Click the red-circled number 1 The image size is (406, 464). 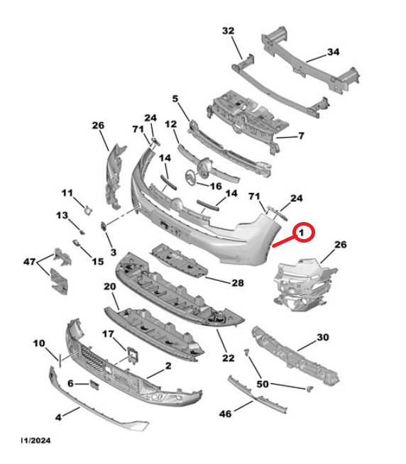305,232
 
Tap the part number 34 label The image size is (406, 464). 334,52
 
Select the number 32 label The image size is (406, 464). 228,31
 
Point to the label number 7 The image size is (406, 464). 300,136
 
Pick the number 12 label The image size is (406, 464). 170,124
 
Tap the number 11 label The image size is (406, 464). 67,193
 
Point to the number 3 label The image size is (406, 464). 112,253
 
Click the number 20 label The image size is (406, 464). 110,287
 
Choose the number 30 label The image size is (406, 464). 324,337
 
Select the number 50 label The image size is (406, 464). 262,384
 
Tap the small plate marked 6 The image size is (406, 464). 92,384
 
